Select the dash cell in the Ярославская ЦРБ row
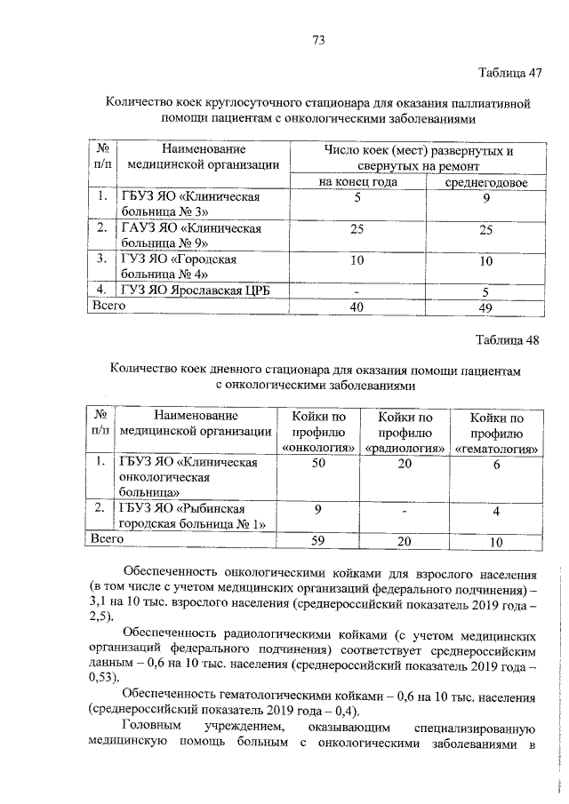[357, 290]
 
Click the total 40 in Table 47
[357, 306]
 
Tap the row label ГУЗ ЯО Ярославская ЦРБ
[188, 290]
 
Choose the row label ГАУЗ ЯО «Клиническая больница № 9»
[189, 235]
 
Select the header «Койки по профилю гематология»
[496, 434]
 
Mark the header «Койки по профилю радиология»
[405, 434]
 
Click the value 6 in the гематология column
[496, 464]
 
